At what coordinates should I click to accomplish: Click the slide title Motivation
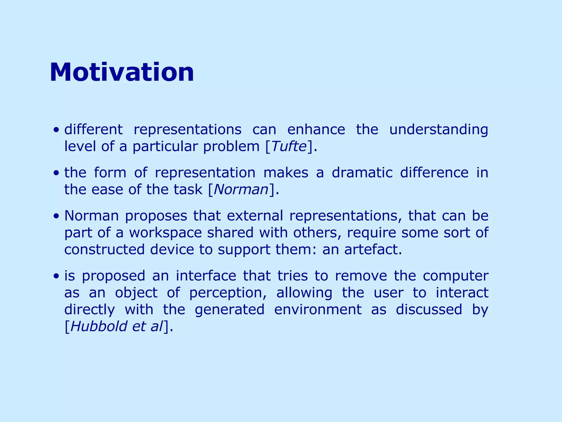pyautogui.click(x=122, y=72)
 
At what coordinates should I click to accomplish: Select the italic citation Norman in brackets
pyautogui.click(x=241, y=190)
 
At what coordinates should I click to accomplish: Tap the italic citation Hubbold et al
pyautogui.click(x=117, y=326)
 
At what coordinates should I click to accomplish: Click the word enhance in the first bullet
pyautogui.click(x=316, y=129)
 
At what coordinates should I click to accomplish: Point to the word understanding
pyautogui.click(x=439, y=130)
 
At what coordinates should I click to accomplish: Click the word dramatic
pyautogui.click(x=362, y=173)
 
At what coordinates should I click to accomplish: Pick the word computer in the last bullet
pyautogui.click(x=455, y=276)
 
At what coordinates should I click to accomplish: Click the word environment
pyautogui.click(x=318, y=310)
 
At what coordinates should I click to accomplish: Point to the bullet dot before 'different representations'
pyautogui.click(x=56, y=130)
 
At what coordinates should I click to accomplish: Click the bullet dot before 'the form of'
pyautogui.click(x=56, y=173)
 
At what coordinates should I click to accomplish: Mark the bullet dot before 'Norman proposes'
pyautogui.click(x=56, y=216)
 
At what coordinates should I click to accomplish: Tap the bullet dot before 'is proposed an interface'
pyautogui.click(x=56, y=276)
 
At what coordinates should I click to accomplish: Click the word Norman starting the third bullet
pyautogui.click(x=91, y=216)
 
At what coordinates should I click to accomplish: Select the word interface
pyautogui.click(x=206, y=276)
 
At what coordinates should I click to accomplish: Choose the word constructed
pyautogui.click(x=104, y=249)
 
